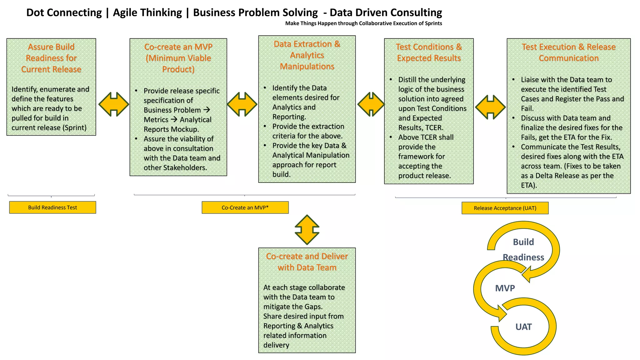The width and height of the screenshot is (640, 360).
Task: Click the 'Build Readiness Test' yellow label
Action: click(52, 207)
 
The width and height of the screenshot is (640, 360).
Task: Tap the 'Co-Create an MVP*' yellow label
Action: click(245, 207)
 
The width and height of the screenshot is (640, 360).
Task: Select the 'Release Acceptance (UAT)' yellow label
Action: click(505, 208)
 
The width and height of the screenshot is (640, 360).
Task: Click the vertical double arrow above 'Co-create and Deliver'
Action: click(307, 230)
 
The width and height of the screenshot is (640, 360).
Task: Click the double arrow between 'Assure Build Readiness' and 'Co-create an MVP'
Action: click(114, 104)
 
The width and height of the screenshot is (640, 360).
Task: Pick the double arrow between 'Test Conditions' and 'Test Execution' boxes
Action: click(490, 107)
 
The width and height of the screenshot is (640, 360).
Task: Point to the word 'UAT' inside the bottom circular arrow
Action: click(523, 327)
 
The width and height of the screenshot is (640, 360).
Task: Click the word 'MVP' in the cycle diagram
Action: click(505, 288)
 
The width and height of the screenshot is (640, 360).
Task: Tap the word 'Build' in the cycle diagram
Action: click(523, 242)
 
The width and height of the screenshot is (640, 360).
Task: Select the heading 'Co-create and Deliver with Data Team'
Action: click(307, 262)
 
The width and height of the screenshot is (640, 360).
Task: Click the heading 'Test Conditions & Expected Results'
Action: click(429, 52)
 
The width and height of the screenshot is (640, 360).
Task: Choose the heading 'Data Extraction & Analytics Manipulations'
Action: click(307, 55)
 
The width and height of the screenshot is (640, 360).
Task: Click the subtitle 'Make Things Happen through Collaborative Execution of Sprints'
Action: click(363, 23)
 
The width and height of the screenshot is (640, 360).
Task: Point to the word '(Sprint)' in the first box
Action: click(75, 128)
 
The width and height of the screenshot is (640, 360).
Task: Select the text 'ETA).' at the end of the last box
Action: click(529, 185)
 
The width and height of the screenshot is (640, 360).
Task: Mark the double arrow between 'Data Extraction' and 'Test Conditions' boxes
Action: click(371, 104)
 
